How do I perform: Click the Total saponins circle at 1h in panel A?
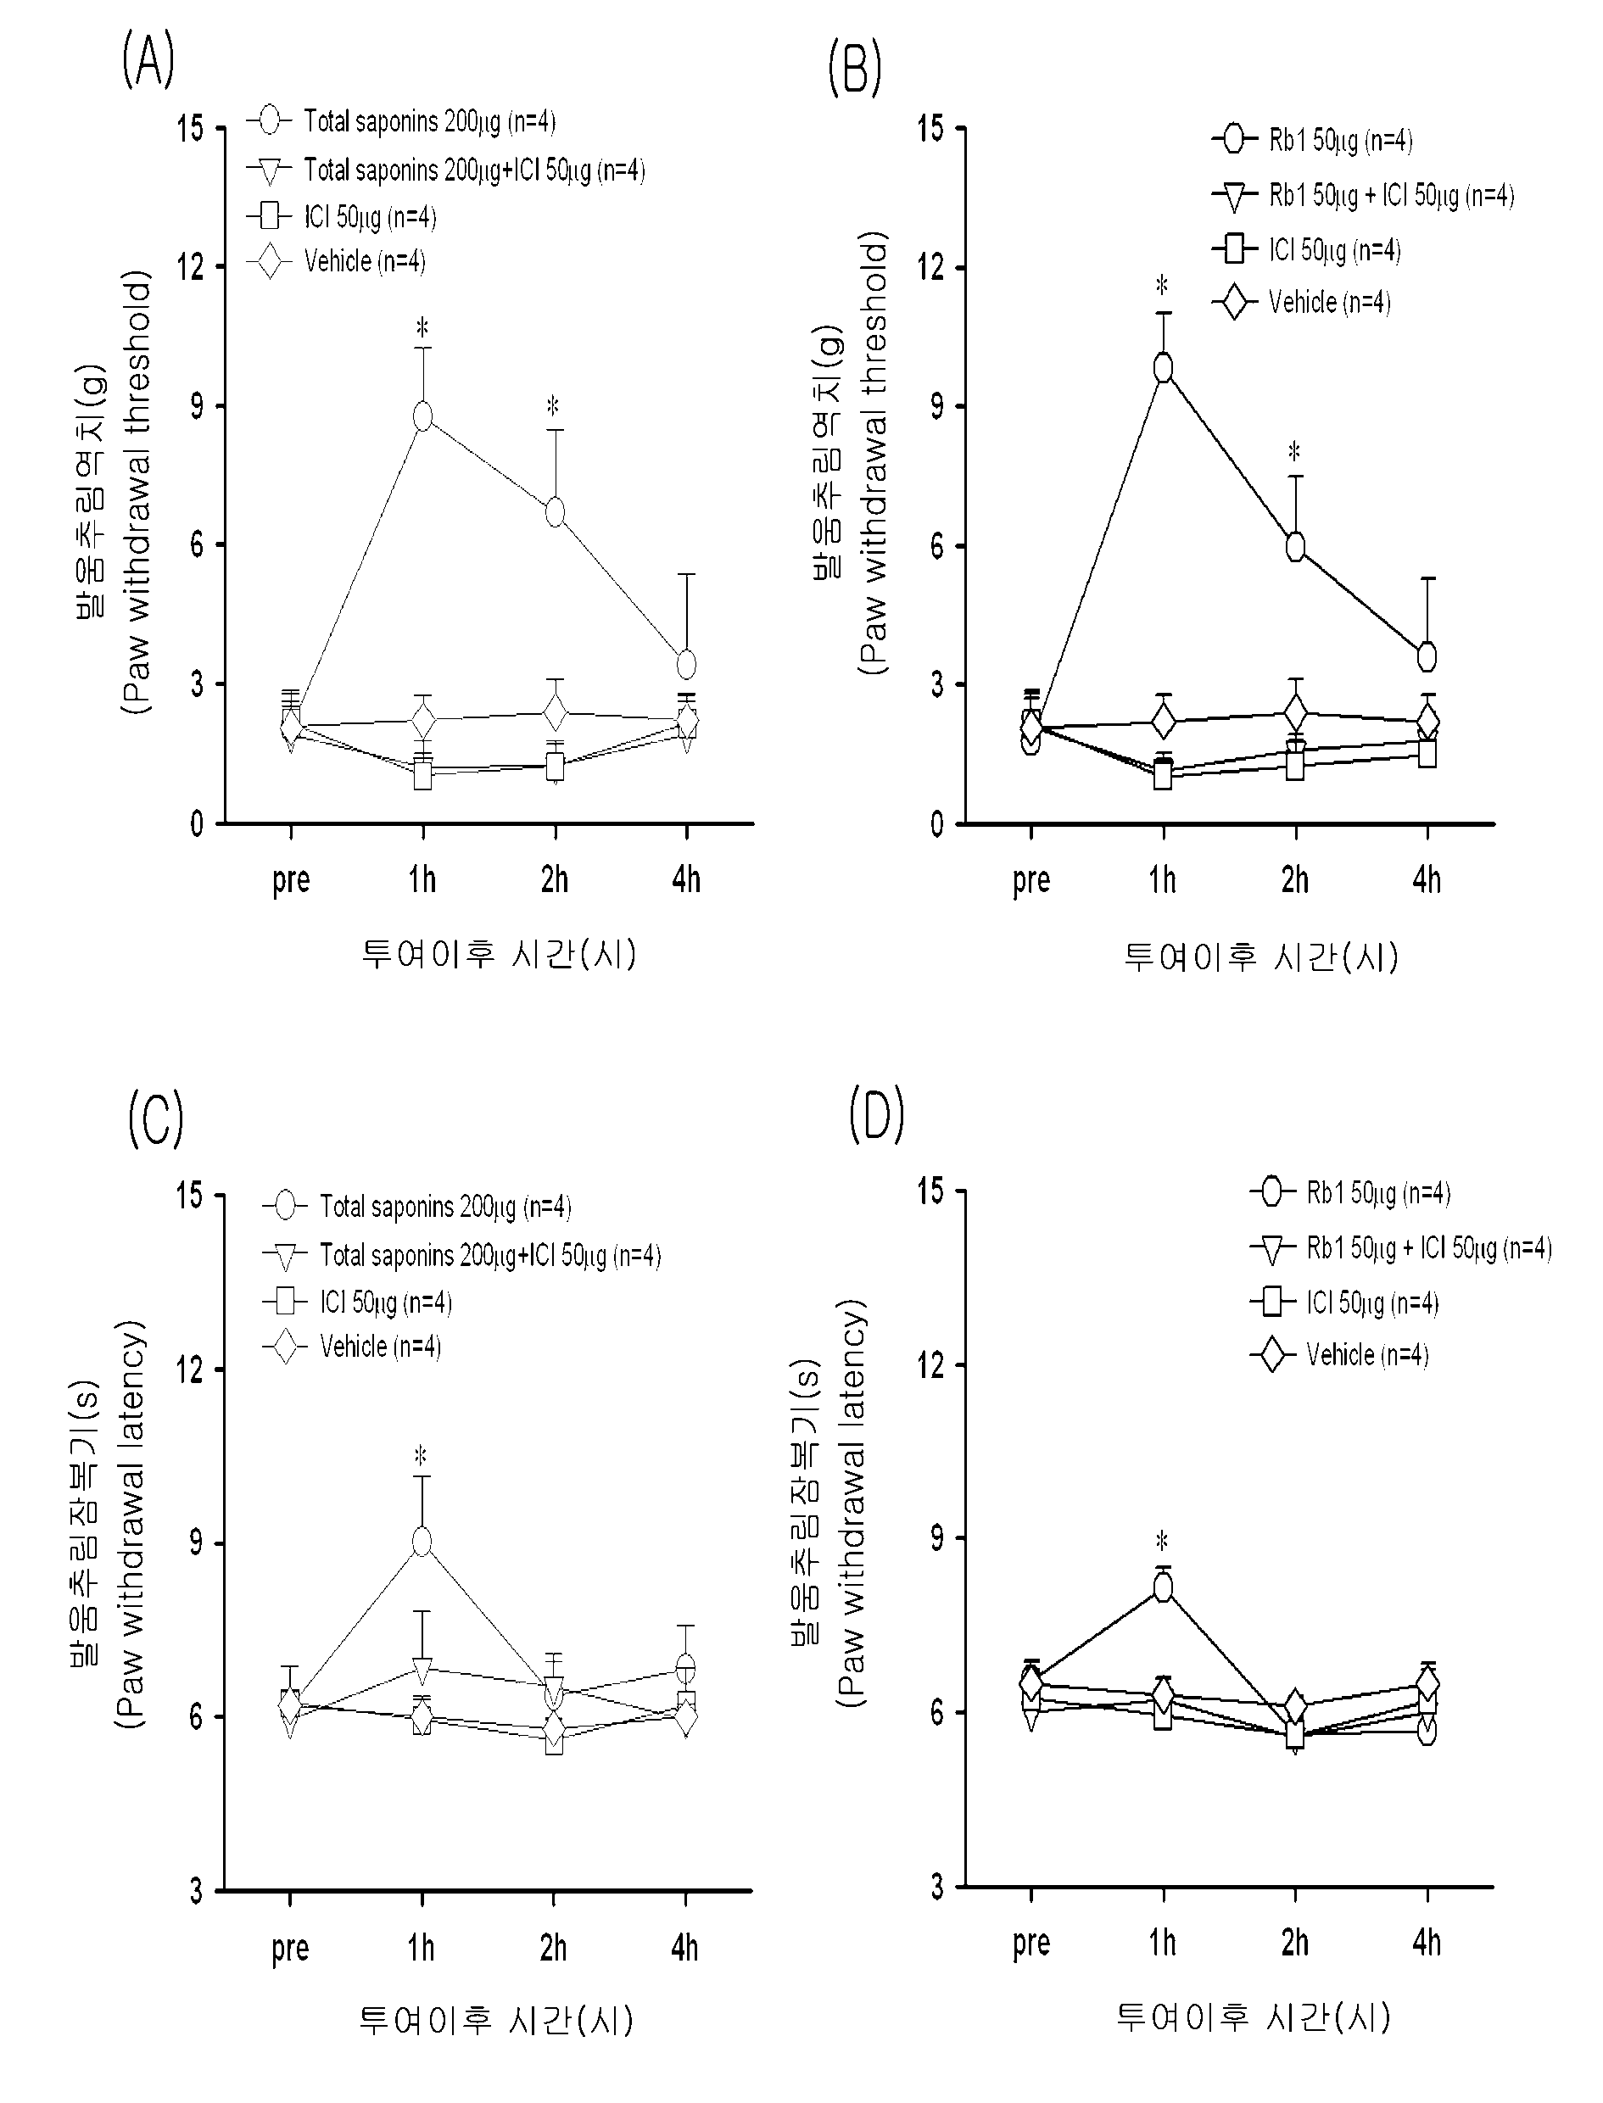[422, 417]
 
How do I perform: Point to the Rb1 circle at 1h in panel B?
[1163, 368]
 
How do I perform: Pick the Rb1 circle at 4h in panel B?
[1427, 656]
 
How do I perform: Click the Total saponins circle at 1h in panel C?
[422, 1542]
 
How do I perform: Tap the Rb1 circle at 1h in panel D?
[1163, 1587]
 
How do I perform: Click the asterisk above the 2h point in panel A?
[552, 405]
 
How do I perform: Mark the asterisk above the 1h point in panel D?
[1161, 1540]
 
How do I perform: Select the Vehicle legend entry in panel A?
[337, 261]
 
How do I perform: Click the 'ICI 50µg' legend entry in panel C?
[358, 1303]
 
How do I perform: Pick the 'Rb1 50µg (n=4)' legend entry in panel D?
[1350, 1193]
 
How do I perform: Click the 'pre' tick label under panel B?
[1031, 880]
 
